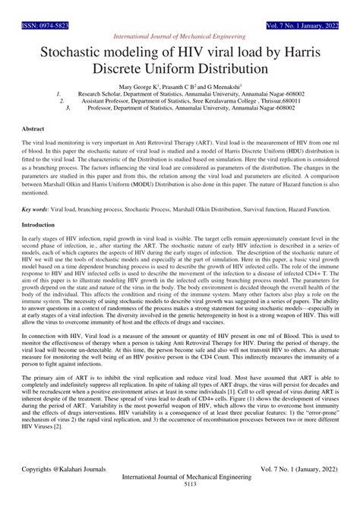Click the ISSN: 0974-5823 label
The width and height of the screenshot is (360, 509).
[x=27, y=5]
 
